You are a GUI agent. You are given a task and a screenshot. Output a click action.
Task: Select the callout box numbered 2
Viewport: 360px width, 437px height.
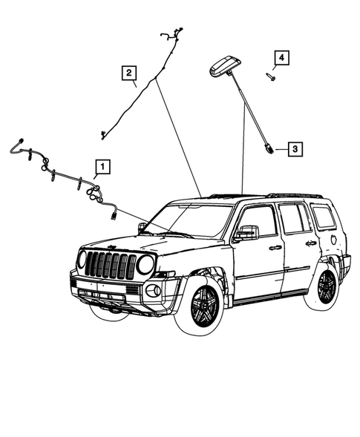click(129, 72)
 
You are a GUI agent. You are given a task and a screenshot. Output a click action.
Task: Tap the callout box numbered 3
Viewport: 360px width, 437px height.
click(295, 149)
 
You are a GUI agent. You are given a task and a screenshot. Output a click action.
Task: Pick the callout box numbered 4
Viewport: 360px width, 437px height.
click(281, 57)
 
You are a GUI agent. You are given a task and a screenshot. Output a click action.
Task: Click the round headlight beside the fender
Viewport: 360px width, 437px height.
click(145, 264)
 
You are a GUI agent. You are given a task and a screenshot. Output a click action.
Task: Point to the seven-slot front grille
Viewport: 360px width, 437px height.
click(111, 265)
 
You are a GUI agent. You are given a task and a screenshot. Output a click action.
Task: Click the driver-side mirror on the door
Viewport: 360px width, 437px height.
click(245, 234)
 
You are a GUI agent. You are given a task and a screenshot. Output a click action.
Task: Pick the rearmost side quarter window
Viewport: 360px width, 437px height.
click(323, 217)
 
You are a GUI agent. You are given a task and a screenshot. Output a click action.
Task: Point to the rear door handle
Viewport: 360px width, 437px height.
click(310, 243)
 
